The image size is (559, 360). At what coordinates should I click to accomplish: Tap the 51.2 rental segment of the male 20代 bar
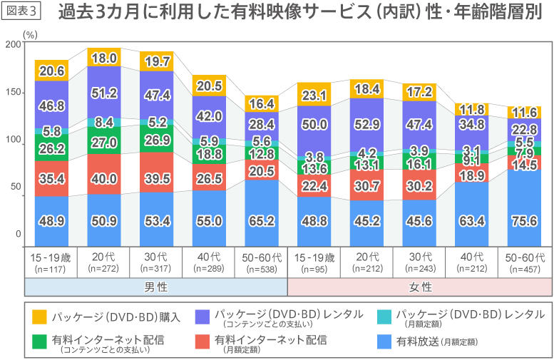pos(104,93)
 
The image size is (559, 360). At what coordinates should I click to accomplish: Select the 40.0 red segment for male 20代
pos(104,178)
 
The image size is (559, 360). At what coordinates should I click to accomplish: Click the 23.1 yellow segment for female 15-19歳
pos(314,95)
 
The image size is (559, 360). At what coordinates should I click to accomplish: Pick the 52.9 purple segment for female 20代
pos(366,124)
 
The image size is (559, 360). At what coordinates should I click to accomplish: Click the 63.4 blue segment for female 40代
pos(471,220)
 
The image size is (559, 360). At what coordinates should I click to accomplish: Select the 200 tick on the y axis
pos(13,45)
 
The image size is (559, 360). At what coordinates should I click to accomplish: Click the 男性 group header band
pos(156,287)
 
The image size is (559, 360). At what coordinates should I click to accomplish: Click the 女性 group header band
pos(419,287)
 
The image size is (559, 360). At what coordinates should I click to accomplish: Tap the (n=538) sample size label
pos(262,269)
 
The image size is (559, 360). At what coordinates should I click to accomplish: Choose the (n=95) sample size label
pos(314,269)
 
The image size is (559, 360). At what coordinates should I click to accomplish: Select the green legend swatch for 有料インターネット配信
pos(39,341)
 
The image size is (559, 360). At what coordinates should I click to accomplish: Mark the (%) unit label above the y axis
pos(31,33)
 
